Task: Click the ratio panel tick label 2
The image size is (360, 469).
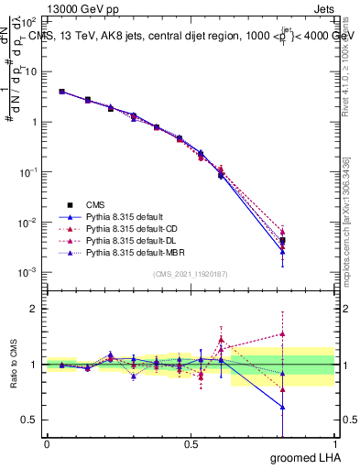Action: (37, 309)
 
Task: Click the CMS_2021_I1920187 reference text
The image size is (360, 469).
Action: (190, 275)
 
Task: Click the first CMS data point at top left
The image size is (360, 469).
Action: (61, 92)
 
